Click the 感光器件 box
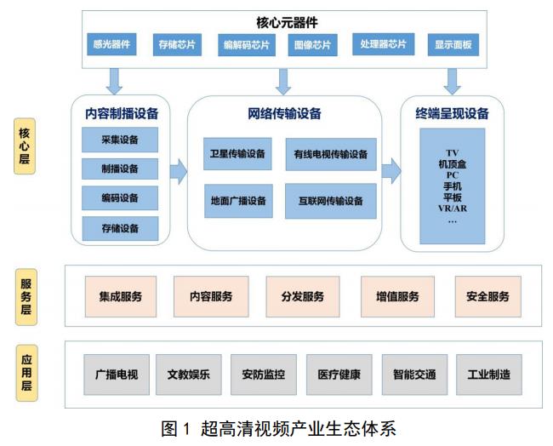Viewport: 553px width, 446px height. [111, 44]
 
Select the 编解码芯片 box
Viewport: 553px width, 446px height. [247, 45]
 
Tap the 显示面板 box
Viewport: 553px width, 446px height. [453, 44]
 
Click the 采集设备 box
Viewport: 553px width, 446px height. [120, 140]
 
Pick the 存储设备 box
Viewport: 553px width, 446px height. [120, 229]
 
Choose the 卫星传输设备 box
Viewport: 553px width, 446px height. [237, 154]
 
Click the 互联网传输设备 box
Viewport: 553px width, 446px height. [331, 201]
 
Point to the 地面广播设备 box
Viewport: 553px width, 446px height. [238, 201]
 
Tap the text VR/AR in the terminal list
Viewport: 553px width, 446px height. [453, 209]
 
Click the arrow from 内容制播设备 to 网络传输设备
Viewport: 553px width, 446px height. [179, 172]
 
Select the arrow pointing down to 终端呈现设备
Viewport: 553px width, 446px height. [452, 82]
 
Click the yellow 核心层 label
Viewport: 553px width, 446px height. [25, 146]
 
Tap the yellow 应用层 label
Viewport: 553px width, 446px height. [27, 373]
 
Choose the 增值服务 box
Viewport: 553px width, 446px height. [397, 296]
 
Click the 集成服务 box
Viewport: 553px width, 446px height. [121, 296]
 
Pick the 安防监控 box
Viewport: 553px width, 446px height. [264, 375]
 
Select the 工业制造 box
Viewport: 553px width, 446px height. [489, 375]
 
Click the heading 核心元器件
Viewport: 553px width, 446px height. [287, 23]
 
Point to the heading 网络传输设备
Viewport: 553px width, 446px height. [284, 113]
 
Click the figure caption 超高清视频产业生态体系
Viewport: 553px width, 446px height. [299, 429]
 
